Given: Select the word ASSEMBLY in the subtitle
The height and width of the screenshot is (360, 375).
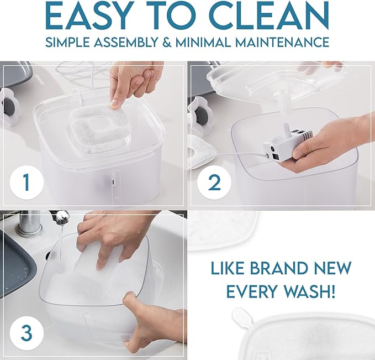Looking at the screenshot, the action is (125, 42).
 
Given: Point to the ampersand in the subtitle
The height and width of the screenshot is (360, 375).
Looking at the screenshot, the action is (166, 42).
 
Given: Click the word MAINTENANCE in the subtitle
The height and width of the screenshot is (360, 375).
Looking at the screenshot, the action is (282, 42).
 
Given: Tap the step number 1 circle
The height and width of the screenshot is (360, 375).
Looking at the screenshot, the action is (27, 182).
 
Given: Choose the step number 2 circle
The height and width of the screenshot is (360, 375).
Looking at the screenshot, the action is (214, 182).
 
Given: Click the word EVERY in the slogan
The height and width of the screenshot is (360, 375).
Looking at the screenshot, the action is (250, 291).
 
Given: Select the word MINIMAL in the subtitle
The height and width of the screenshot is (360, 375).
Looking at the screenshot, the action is (203, 42).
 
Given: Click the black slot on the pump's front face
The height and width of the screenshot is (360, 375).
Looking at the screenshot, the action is (275, 157).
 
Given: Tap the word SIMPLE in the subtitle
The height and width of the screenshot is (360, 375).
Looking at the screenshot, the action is (68, 42).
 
